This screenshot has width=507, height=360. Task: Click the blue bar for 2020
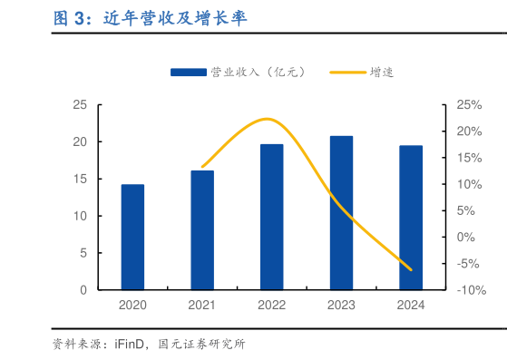tap(132, 237)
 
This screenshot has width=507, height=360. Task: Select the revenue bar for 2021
tap(202, 229)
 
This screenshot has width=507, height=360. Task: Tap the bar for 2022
tap(271, 217)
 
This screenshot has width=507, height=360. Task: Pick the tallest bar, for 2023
tap(341, 213)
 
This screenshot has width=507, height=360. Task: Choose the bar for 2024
tap(411, 218)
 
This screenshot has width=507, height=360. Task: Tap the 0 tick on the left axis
tap(83, 290)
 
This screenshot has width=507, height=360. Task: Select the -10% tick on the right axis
tap(470, 290)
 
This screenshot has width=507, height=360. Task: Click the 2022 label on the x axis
tap(271, 306)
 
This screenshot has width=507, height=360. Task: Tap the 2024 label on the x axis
tap(411, 306)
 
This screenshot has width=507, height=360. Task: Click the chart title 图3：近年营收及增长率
tap(149, 18)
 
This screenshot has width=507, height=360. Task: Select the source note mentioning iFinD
tap(149, 345)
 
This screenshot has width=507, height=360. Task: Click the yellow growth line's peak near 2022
tap(267, 119)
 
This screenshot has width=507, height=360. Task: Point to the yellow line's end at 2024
tap(411, 269)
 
